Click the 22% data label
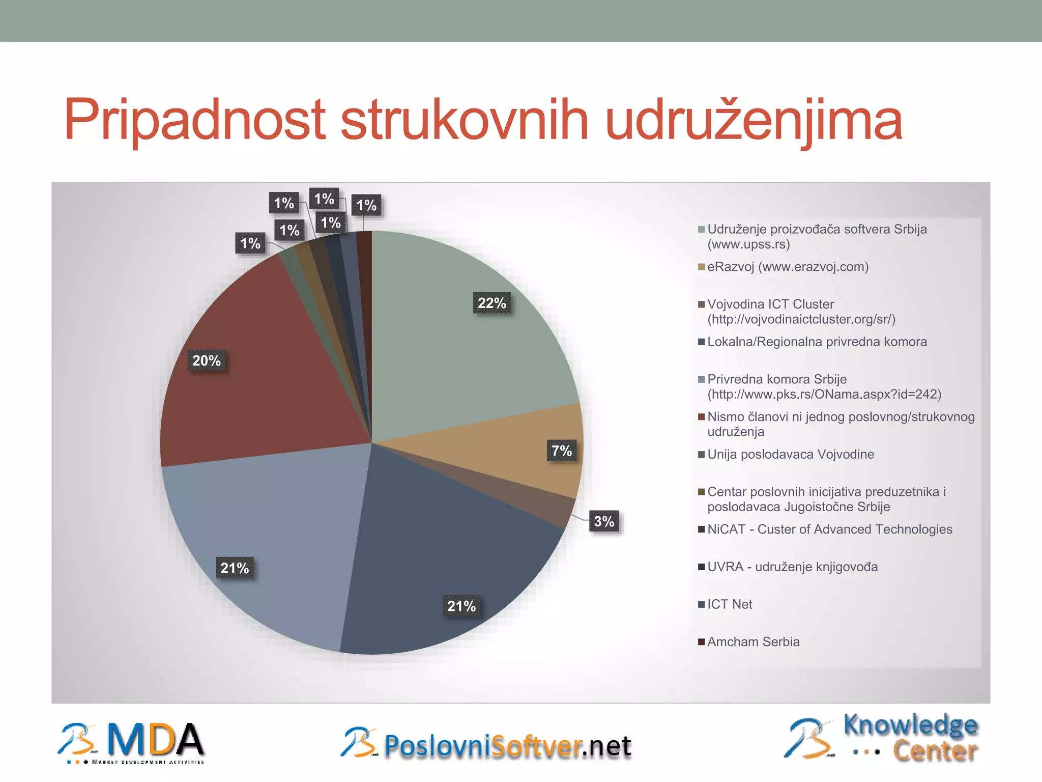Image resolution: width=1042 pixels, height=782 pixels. point(491,303)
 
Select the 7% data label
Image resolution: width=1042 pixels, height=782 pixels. point(562,451)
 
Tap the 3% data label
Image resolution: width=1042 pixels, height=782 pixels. point(604,522)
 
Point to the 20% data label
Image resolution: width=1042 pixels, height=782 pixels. point(206,361)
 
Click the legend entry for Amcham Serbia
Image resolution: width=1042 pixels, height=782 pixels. point(753,642)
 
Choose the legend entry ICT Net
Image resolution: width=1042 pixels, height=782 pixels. point(730,604)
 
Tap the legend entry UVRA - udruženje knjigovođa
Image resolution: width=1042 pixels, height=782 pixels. point(792,567)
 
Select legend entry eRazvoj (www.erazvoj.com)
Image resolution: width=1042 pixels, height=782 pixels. point(788,267)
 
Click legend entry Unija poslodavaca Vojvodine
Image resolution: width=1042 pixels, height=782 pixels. point(791,454)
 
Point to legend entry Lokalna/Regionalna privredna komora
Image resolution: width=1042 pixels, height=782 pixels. point(817,342)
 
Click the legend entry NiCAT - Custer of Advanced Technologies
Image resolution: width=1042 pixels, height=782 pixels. point(829,529)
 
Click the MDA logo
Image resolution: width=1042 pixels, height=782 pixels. point(131,743)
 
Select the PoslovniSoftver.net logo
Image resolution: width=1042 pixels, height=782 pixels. point(486,744)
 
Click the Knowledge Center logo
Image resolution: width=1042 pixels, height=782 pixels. point(881,738)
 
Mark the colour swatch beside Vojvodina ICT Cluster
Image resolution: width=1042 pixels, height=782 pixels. point(701,305)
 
